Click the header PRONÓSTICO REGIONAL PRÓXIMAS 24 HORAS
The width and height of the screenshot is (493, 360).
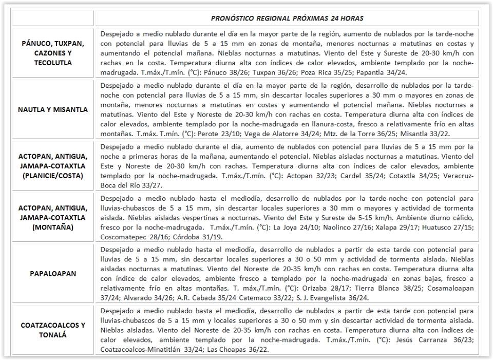click(x=287, y=18)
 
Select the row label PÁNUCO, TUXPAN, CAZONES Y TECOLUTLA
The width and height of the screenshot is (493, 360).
click(x=53, y=53)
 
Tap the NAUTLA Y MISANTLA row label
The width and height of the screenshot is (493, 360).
click(x=53, y=109)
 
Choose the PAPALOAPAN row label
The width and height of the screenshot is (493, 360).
click(x=53, y=274)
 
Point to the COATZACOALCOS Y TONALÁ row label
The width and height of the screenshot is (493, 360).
click(x=53, y=330)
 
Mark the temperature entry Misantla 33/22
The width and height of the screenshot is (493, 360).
click(x=428, y=133)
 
